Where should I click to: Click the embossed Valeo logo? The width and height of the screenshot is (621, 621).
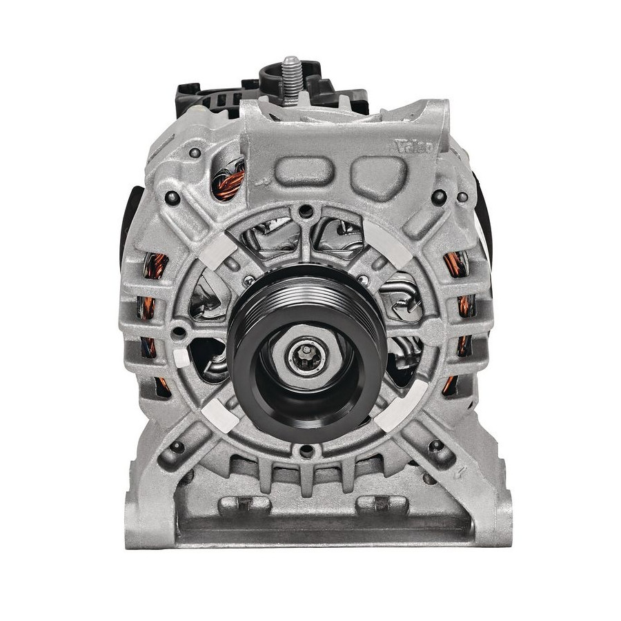414,146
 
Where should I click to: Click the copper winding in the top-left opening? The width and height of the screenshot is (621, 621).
228,183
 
